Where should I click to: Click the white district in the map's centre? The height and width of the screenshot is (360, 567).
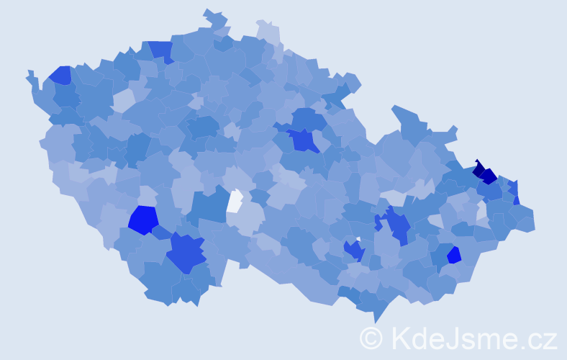click(x=235, y=201)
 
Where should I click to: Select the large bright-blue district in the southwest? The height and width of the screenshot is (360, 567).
click(x=142, y=220)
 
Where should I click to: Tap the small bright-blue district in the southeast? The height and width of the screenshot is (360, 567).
click(x=454, y=255)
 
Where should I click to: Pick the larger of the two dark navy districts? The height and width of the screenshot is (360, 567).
click(x=489, y=176)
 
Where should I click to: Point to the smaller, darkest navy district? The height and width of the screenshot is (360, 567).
click(x=478, y=169)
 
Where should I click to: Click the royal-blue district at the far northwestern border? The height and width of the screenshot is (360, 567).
click(x=60, y=75)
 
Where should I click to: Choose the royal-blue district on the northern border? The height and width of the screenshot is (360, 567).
click(x=161, y=50)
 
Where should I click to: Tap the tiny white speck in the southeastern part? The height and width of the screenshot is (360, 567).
click(x=358, y=239)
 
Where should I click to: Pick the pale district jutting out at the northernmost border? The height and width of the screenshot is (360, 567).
click(x=268, y=32)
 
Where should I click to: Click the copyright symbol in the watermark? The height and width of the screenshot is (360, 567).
click(x=371, y=338)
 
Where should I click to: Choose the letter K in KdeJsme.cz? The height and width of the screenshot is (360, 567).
click(x=401, y=338)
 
